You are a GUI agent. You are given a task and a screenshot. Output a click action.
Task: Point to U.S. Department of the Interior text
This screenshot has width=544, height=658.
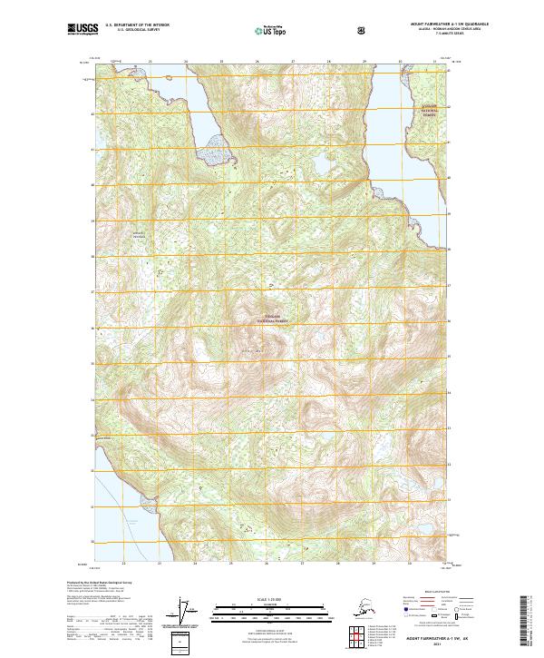138,25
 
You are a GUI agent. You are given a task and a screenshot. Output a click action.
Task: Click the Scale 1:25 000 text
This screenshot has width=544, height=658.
271,600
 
